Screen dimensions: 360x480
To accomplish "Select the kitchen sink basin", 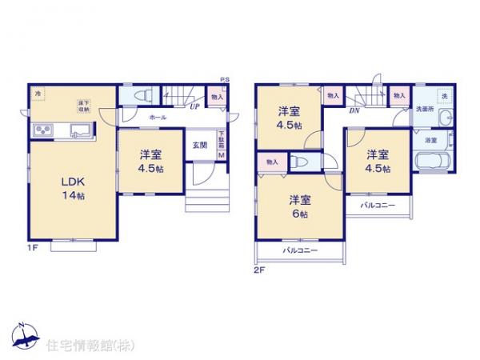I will coord(81,130).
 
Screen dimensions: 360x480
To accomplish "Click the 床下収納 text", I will coord(82,105).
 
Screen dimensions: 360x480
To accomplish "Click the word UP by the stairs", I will coord(194,105).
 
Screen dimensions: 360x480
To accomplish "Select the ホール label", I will coord(157,118).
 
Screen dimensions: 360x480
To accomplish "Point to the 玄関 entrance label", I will coord(199,145).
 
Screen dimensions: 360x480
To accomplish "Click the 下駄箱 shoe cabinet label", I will coord(222,140).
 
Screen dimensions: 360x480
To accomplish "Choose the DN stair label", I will coord(354,111).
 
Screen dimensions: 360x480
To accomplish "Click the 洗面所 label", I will coord(422,110).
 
